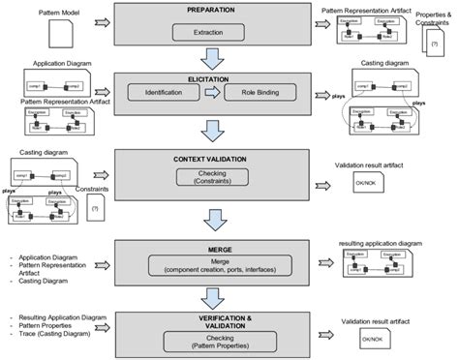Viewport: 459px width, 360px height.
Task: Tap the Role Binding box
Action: (255, 93)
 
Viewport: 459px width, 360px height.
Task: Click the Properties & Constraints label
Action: (432, 20)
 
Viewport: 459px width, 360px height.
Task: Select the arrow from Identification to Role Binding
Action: (213, 93)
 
